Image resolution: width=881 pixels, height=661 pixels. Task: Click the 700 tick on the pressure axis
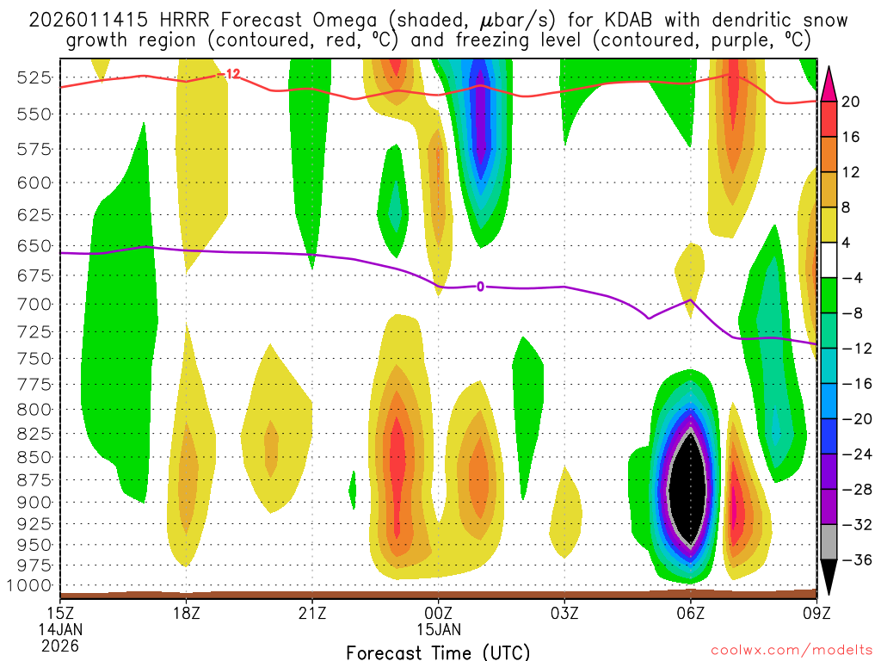pos(35,304)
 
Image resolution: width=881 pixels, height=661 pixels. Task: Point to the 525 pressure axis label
pos(35,77)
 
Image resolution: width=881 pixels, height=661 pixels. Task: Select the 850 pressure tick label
pos(35,456)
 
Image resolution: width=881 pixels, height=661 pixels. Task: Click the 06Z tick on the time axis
pos(690,613)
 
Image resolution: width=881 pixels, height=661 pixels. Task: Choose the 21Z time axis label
pos(312,613)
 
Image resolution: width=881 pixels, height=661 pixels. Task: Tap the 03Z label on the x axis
pos(564,613)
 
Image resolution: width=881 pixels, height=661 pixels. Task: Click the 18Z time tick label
pos(187,613)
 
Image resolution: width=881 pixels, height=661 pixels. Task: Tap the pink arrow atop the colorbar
pos(829,83)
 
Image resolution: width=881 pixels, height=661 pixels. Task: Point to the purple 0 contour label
pos(480,287)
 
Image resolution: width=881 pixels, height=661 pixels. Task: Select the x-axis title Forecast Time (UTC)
pos(438,652)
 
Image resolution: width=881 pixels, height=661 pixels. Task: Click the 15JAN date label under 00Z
pos(439,629)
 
